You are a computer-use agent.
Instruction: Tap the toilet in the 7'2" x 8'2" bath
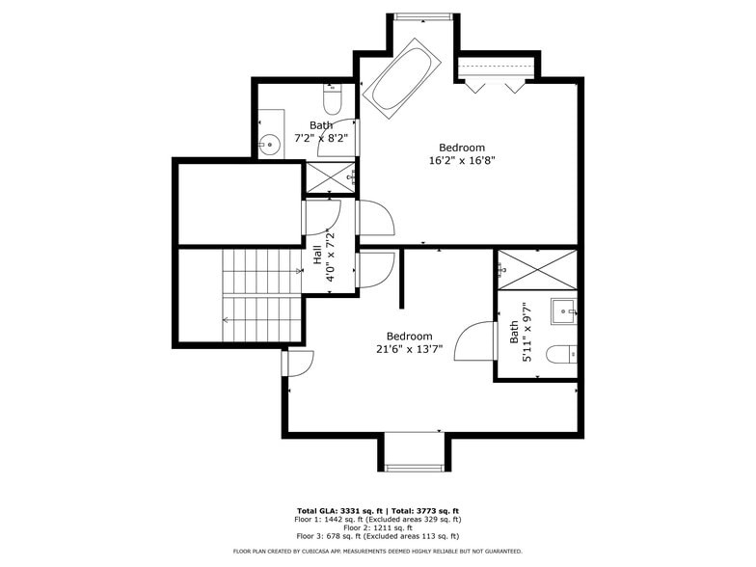point(333,99)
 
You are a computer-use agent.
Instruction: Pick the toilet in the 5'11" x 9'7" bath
point(560,355)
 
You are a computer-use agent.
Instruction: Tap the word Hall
point(316,256)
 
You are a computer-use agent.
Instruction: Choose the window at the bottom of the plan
point(412,468)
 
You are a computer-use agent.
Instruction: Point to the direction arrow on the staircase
point(228,319)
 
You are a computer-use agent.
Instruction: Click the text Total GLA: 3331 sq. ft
point(337,511)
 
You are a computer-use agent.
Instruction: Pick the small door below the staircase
point(297,364)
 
